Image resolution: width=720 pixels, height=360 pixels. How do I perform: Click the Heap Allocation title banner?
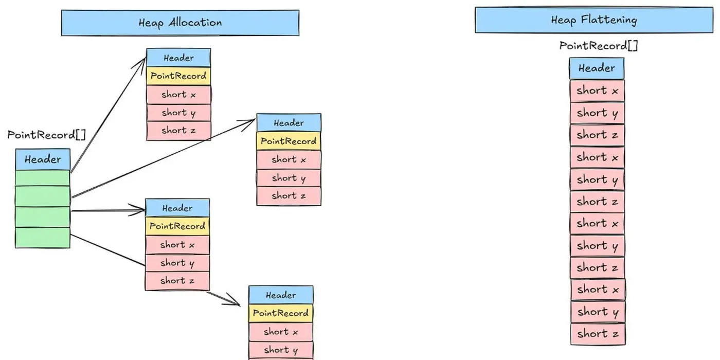click(180, 23)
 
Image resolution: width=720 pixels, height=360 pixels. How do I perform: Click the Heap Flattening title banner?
click(594, 20)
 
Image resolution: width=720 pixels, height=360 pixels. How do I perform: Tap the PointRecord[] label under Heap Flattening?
click(598, 46)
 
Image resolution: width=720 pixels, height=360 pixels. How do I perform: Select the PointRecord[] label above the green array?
click(47, 135)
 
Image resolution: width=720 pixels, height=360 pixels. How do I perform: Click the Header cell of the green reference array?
click(43, 159)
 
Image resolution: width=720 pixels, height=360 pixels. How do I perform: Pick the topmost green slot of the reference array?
click(43, 178)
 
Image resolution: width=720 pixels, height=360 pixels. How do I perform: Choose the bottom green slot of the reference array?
click(43, 238)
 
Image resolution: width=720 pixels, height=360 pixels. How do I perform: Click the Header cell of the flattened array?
click(597, 68)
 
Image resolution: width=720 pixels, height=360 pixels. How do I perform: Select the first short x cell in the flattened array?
click(597, 91)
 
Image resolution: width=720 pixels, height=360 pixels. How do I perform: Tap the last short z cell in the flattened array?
click(598, 334)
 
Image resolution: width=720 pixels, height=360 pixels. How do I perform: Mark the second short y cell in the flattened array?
click(597, 180)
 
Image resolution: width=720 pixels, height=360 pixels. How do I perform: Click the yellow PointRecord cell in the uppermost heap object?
click(178, 76)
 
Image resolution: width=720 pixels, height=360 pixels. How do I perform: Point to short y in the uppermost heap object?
click(178, 113)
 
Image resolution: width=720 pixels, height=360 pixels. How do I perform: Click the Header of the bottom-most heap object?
click(281, 295)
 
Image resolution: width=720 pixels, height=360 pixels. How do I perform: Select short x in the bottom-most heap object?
click(281, 332)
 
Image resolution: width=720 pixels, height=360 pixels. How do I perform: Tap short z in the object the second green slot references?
click(289, 196)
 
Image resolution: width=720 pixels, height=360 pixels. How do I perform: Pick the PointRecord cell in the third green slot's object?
click(177, 226)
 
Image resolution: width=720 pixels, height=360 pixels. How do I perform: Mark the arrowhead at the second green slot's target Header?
click(251, 121)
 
